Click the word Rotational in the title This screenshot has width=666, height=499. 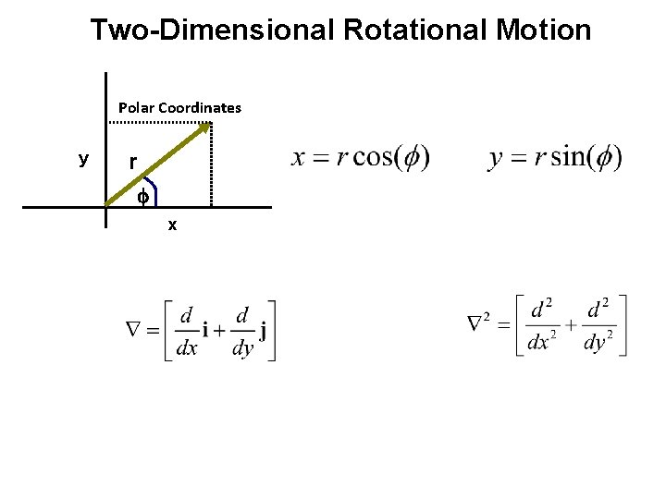click(414, 30)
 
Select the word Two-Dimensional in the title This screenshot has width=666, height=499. click(212, 30)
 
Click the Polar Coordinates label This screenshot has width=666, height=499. click(179, 107)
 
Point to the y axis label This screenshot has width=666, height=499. click(83, 160)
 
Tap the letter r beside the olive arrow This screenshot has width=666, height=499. click(133, 163)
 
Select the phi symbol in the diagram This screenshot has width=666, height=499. click(142, 197)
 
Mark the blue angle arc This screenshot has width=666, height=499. click(153, 191)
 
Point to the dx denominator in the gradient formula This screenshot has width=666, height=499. click(187, 348)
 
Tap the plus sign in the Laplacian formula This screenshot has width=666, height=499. click(570, 325)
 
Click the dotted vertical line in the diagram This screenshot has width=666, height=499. click(212, 166)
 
